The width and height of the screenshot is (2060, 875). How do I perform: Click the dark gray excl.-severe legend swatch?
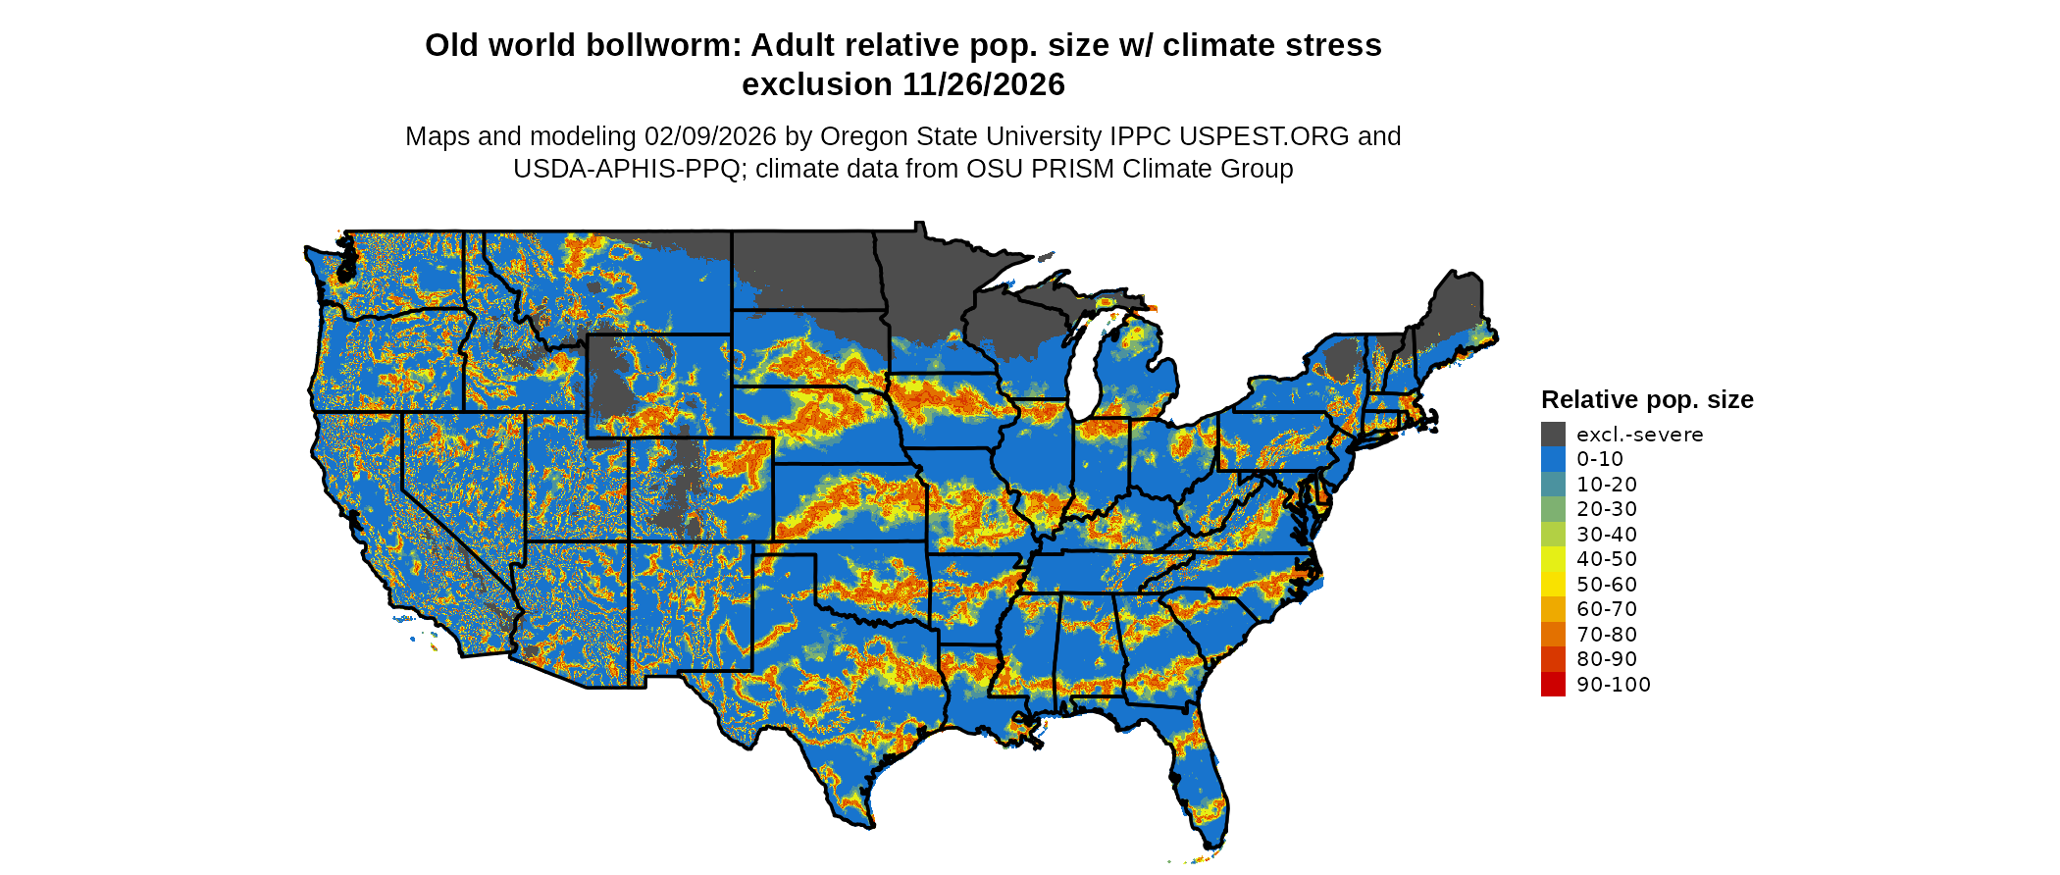[x=1553, y=435]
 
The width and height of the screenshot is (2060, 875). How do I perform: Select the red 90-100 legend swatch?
[x=1553, y=685]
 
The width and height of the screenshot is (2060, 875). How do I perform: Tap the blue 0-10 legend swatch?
[x=1553, y=459]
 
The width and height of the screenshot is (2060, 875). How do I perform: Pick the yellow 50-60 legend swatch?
[x=1553, y=585]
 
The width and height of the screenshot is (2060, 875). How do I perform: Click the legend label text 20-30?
[x=1607, y=509]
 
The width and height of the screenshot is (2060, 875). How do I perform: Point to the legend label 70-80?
[x=1607, y=635]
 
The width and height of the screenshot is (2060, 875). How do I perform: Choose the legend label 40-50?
[x=1607, y=559]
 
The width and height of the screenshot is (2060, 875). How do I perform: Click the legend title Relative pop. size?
[x=1647, y=400]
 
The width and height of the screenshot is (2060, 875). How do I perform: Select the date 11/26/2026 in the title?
[x=984, y=85]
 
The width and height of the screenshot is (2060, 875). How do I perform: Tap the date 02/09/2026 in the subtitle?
[x=710, y=136]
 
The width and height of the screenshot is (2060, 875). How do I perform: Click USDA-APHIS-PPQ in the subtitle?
[x=626, y=170]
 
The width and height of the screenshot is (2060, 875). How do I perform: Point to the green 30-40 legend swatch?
[x=1553, y=535]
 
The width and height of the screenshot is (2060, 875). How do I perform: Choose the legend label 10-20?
[x=1607, y=485]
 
